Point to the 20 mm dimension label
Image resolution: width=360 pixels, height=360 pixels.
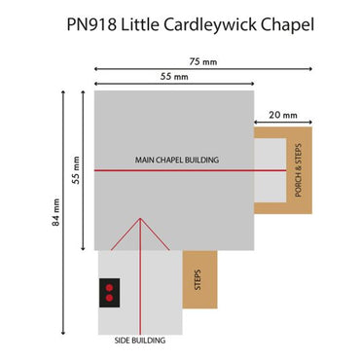[282, 114]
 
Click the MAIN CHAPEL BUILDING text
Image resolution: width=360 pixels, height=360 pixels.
[176, 160]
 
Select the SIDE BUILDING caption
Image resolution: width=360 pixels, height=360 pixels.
[140, 341]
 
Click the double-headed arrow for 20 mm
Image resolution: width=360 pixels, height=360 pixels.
[282, 124]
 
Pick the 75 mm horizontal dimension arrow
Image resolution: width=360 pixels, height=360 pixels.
[202, 67]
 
